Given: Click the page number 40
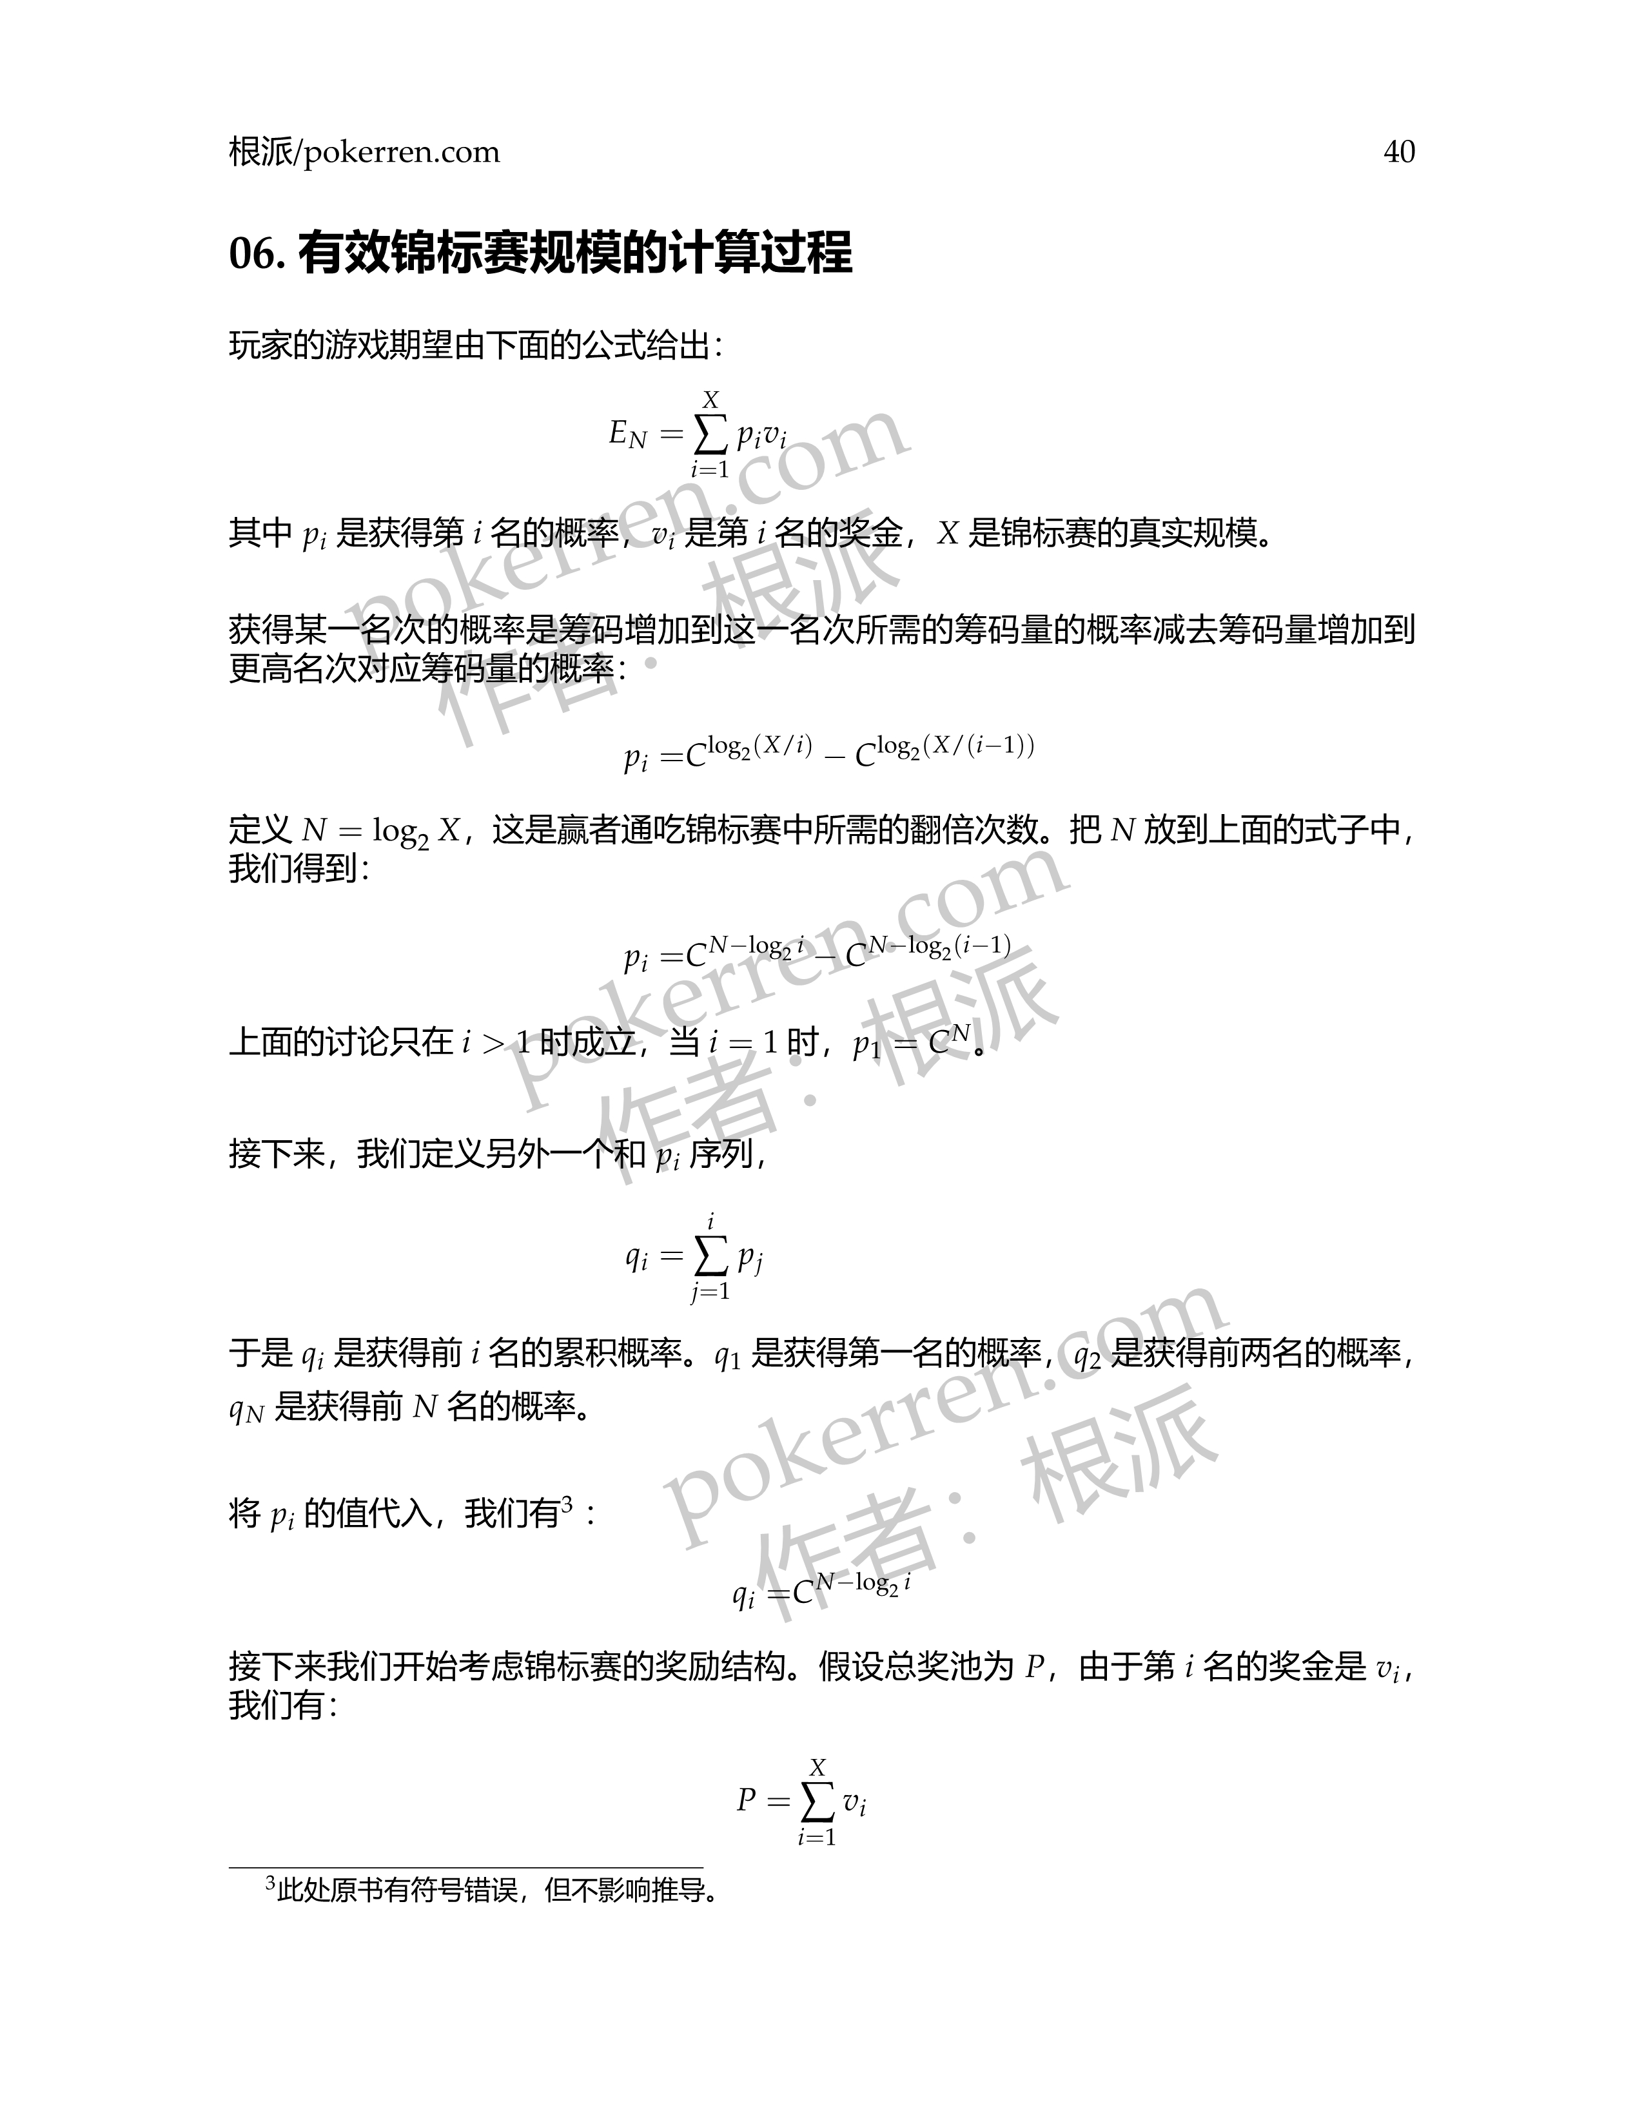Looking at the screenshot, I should click(1398, 152).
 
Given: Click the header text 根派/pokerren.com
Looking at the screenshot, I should click(364, 152).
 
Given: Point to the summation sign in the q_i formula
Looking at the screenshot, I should click(710, 1256).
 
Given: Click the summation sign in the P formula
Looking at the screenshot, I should click(817, 1802).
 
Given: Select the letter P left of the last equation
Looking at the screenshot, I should click(746, 1800).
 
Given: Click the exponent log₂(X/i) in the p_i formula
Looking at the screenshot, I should click(759, 747).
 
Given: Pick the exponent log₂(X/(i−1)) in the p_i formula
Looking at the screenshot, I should click(954, 747).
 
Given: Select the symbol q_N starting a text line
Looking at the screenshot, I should click(246, 1409).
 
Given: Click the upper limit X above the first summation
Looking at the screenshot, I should click(710, 400).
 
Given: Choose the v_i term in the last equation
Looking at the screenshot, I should click(854, 1803).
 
